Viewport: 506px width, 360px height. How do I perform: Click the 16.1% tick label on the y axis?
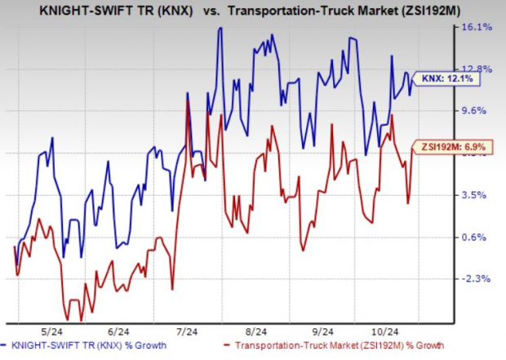pyautogui.click(x=478, y=27)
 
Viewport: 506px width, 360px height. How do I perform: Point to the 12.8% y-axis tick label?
pyautogui.click(x=478, y=69)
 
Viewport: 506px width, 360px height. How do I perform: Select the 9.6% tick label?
pyautogui.click(x=478, y=111)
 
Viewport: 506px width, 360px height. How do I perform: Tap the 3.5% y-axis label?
pyautogui.click(x=478, y=195)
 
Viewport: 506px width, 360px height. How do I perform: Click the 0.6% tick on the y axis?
pyautogui.click(x=478, y=237)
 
